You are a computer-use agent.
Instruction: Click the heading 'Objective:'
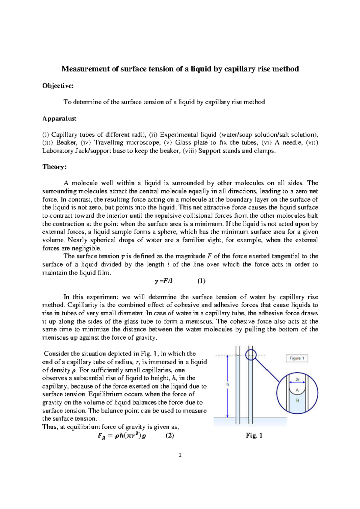coord(58,86)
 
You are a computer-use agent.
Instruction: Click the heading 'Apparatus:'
coord(59,118)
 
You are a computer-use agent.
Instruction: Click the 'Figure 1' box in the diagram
coord(296,358)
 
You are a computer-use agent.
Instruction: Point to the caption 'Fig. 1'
coord(254,436)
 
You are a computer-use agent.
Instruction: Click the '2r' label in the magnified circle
coord(297,379)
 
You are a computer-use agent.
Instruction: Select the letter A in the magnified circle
coord(297,390)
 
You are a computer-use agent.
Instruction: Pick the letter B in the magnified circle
coord(297,400)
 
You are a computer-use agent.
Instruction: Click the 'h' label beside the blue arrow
coord(228,384)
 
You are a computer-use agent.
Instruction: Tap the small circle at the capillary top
coord(251,355)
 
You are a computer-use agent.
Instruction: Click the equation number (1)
coord(201,281)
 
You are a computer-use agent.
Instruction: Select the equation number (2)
coord(170,436)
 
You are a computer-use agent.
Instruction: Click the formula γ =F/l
coord(163,281)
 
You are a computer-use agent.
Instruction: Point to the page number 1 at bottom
coord(180,455)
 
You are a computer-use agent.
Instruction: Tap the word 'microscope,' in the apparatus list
coord(144,143)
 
